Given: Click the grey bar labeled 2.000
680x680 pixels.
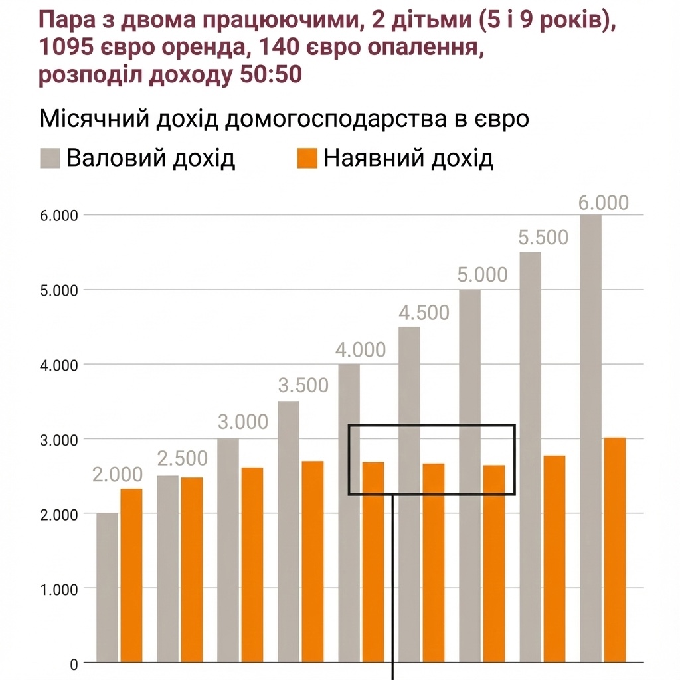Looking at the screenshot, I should [108, 588].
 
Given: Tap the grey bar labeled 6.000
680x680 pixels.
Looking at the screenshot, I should [590, 438].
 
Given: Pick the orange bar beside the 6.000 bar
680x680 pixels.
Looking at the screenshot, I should [614, 550].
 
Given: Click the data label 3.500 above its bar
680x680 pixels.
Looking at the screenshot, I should [303, 385].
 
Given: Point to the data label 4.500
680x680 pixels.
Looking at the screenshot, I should [424, 312].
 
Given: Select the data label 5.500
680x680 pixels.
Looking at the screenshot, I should [544, 237].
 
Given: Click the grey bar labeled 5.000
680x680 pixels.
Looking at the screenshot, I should [470, 475].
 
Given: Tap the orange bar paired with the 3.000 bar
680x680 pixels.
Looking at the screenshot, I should [252, 565].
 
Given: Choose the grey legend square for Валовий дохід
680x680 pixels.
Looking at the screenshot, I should [50, 159].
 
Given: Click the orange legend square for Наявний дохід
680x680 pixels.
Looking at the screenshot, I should [307, 159].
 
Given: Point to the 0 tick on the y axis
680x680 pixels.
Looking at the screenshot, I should [72, 663].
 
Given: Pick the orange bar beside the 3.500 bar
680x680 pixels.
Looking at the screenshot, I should [312, 562].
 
